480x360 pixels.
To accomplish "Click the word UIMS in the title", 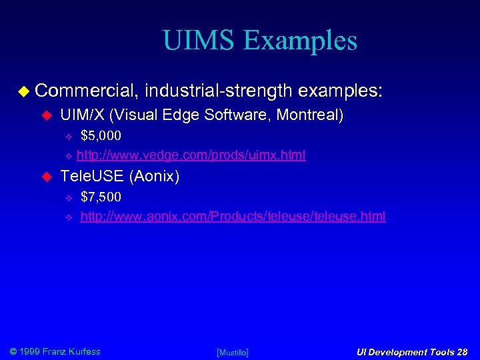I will click(x=199, y=41).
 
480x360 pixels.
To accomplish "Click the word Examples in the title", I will click(x=300, y=42).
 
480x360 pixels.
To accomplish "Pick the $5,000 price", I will click(x=101, y=136).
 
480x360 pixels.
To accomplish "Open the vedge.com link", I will click(x=191, y=155).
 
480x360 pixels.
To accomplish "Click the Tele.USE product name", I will click(x=92, y=176).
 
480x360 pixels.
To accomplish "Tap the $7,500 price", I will click(x=101, y=197).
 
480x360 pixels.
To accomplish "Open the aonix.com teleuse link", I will click(x=233, y=217).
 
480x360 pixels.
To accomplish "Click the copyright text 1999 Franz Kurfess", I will click(x=61, y=351).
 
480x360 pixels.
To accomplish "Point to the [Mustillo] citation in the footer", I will click(x=233, y=352).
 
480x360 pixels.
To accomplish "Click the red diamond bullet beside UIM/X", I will click(x=47, y=116).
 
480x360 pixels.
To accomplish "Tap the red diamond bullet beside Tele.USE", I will click(x=47, y=177).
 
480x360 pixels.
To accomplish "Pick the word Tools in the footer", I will click(x=436, y=352).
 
